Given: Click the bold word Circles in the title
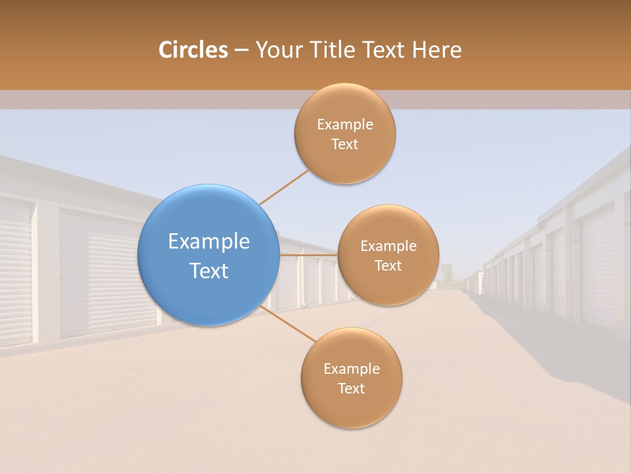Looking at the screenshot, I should [x=193, y=50].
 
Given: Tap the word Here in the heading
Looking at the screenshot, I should [x=436, y=50].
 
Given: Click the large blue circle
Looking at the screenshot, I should [x=208, y=255].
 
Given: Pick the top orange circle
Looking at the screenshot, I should [x=344, y=133].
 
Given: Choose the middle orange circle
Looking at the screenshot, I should [x=388, y=255].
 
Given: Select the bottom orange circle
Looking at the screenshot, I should [x=351, y=378].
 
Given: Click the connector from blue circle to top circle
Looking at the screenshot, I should [x=284, y=187].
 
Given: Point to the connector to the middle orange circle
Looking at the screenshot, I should [x=308, y=255].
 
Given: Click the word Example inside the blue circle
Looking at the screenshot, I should [x=208, y=242].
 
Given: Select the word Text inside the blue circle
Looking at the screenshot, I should [x=208, y=271].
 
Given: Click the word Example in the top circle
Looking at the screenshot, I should [x=344, y=124].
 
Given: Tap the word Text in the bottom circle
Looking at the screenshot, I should [x=351, y=388].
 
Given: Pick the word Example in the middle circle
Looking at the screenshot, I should [x=388, y=246].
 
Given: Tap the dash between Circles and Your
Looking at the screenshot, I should [x=241, y=50].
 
